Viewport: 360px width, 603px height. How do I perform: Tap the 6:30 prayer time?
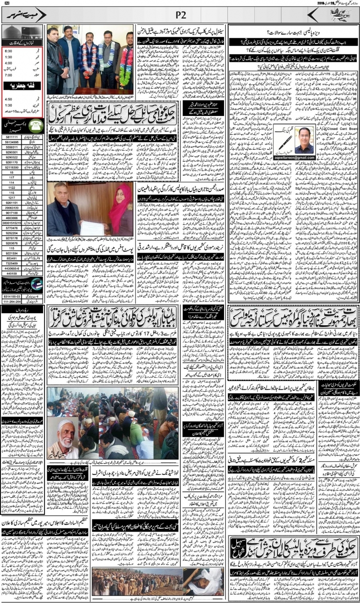point(8,51)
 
